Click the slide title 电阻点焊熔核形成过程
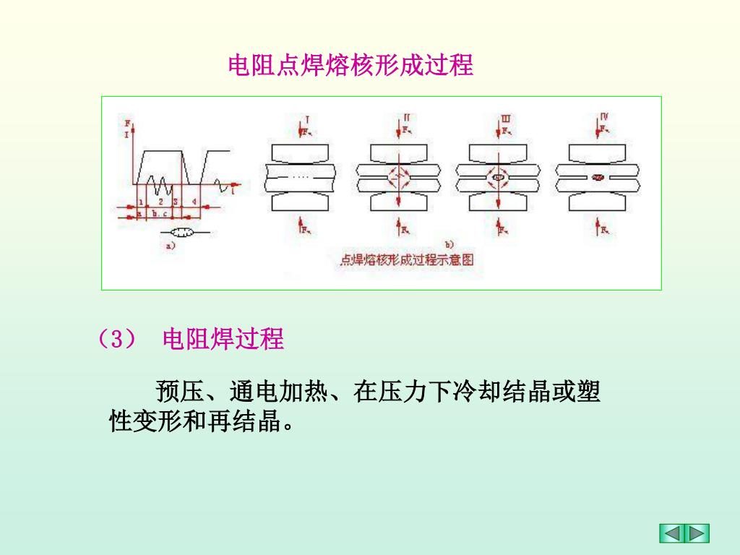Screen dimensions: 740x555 350,66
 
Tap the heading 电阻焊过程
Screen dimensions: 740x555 223,338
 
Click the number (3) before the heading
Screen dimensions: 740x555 116,338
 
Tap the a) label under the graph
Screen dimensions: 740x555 171,246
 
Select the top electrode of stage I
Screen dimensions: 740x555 301,153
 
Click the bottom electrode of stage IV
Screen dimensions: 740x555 597,202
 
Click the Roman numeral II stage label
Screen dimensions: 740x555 407,116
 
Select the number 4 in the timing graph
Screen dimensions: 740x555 194,201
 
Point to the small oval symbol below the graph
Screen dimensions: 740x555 181,233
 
